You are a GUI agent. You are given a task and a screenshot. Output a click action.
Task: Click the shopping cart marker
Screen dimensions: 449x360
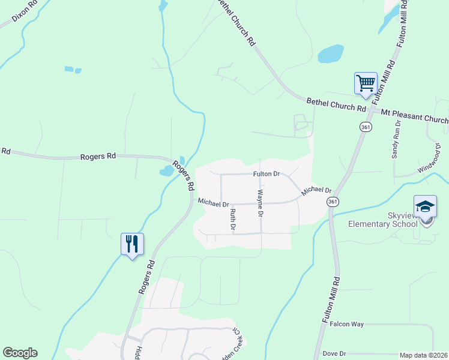point(366,83)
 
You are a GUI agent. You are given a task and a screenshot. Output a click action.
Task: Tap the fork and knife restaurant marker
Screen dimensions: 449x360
point(132,244)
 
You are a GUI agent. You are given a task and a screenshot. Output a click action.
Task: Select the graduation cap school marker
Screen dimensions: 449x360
point(425,207)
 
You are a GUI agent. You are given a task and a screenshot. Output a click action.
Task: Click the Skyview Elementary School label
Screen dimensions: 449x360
point(383,220)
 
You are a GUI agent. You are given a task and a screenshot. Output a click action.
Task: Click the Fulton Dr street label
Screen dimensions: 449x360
point(267,174)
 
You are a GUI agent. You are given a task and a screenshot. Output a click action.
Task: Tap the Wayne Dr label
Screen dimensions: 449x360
point(261,203)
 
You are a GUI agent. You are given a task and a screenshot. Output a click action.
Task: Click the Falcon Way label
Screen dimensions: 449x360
point(347,324)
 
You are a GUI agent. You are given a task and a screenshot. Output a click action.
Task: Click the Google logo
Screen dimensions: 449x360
point(20,353)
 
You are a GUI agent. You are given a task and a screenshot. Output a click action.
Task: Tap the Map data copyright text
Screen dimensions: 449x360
point(423,355)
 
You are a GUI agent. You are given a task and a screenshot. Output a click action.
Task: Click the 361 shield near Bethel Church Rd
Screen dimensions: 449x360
point(366,127)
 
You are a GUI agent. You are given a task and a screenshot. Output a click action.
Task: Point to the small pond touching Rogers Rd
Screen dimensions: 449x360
point(166,172)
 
